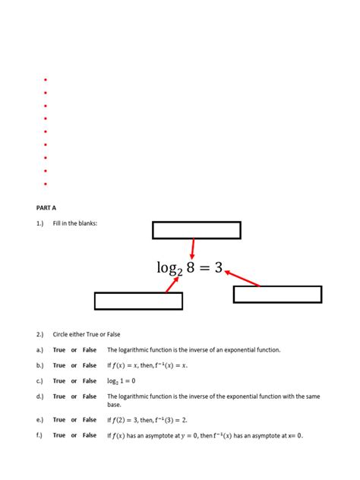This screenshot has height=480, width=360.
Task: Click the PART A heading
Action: pyautogui.click(x=46, y=207)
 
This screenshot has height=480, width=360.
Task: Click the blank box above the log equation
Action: pyautogui.click(x=197, y=230)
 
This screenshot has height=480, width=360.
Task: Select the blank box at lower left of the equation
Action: pyautogui.click(x=138, y=301)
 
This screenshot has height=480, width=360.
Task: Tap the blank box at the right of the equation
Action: pyautogui.click(x=277, y=295)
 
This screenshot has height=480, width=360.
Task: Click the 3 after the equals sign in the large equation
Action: pyautogui.click(x=218, y=267)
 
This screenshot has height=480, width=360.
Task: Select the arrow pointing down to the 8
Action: pyautogui.click(x=193, y=248)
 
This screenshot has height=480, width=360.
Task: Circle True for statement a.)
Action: pyautogui.click(x=59, y=350)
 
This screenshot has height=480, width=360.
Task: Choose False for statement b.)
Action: pyautogui.click(x=90, y=365)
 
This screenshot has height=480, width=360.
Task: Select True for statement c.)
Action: pyautogui.click(x=59, y=381)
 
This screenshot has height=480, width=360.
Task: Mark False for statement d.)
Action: pyautogui.click(x=90, y=396)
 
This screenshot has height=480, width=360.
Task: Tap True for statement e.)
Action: pyautogui.click(x=59, y=419)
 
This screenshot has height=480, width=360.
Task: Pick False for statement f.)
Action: pyautogui.click(x=90, y=435)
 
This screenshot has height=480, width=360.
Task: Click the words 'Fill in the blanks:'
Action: pyautogui.click(x=75, y=223)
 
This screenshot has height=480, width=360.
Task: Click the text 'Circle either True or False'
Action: pyautogui.click(x=87, y=334)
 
